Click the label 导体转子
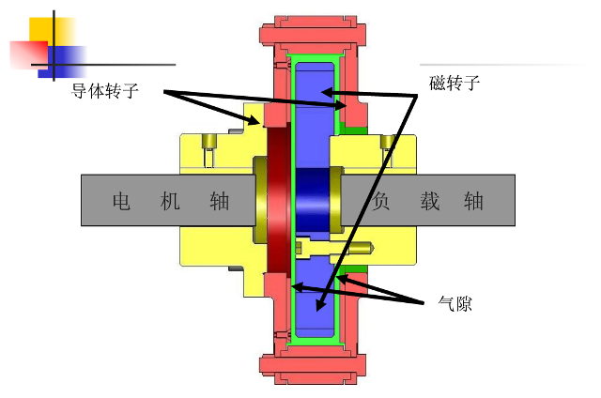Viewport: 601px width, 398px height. click(104, 92)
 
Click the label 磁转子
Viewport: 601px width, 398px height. click(455, 83)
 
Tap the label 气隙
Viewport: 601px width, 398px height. click(455, 303)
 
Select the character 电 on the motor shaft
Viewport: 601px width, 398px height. click(121, 200)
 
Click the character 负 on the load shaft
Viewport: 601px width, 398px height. click(380, 200)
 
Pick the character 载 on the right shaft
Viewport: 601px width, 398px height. click(430, 200)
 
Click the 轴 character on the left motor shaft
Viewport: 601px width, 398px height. click(220, 200)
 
